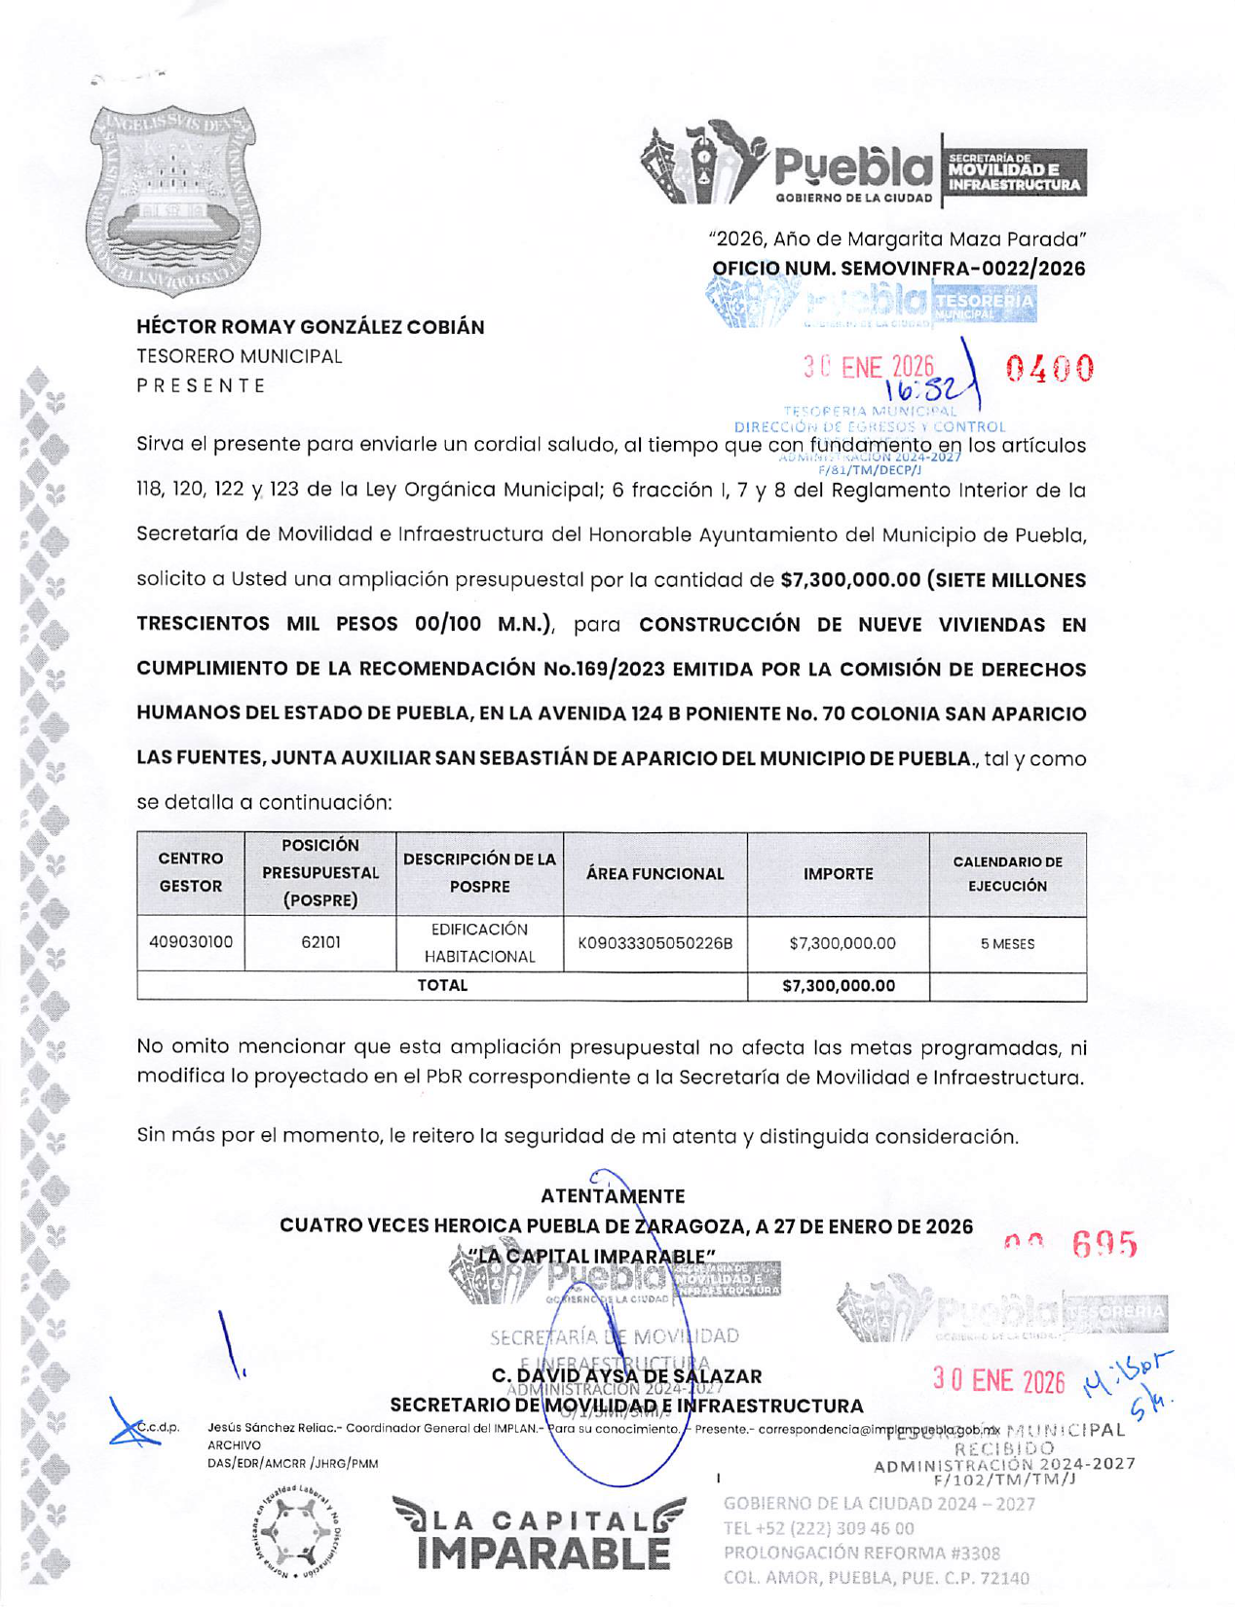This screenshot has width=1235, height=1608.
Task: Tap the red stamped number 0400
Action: tap(1050, 369)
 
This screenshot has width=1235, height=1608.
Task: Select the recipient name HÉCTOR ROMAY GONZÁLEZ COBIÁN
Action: tap(310, 327)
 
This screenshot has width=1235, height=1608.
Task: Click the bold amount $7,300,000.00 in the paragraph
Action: tap(850, 580)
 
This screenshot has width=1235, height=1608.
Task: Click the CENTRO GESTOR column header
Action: tap(191, 872)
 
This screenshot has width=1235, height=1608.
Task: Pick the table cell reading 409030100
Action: tap(191, 942)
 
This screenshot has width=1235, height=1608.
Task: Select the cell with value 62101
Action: tap(320, 942)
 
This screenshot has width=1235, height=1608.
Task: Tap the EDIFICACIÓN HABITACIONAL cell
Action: tap(479, 943)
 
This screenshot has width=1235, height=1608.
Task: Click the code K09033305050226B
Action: tap(655, 943)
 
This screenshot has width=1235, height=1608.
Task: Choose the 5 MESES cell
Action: tap(1007, 944)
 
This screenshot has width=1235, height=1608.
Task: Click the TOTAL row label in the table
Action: tap(442, 985)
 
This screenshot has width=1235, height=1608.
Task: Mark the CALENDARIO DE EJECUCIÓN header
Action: tap(1007, 874)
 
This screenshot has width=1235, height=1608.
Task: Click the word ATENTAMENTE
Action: tap(613, 1196)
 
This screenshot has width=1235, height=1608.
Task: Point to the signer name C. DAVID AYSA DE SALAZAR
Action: tap(626, 1376)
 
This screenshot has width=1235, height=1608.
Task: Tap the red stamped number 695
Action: tap(1104, 1244)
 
